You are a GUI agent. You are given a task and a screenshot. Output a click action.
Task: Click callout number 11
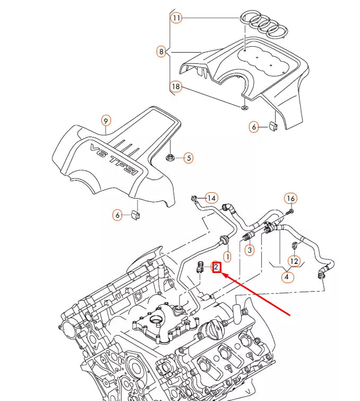176,18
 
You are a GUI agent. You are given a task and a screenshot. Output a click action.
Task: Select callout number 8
161,52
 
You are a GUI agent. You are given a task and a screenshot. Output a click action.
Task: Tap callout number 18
176,86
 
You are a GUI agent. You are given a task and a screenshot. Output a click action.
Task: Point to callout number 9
106,121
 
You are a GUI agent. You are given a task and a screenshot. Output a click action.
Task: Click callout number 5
188,157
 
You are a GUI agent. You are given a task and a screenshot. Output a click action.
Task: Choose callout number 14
212,198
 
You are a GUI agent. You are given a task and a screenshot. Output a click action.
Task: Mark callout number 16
290,199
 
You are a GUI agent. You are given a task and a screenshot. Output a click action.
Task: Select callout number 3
249,249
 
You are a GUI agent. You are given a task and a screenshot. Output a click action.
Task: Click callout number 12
294,261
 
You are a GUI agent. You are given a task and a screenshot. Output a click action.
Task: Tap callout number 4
287,277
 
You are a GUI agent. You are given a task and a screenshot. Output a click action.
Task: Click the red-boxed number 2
217,267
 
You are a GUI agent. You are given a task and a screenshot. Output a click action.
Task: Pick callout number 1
227,257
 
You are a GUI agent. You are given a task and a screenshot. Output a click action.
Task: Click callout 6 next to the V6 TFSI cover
117,215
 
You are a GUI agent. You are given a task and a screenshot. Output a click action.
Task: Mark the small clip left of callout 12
293,246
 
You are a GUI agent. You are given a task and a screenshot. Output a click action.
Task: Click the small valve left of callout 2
201,267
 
